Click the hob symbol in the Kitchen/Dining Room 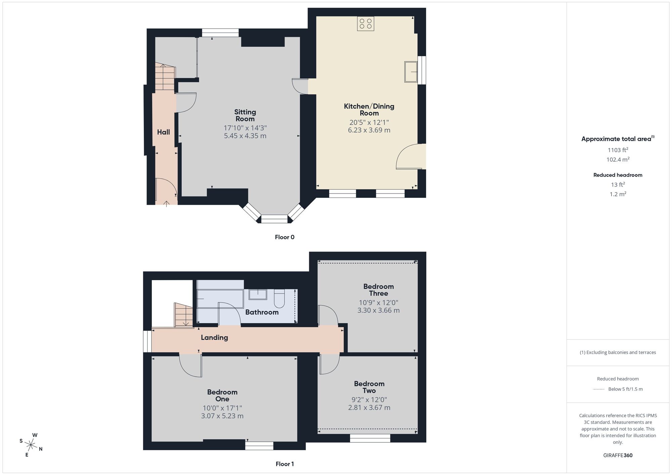click(366, 24)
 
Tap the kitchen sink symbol click(411, 72)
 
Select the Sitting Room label click(245, 115)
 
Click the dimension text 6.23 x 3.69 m click(369, 130)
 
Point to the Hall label click(163, 132)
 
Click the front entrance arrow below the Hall click(166, 203)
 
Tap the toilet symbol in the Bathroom click(279, 299)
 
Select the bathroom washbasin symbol click(258, 295)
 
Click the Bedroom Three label click(378, 290)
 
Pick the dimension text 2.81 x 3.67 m click(369, 407)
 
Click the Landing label click(214, 338)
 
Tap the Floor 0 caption click(285, 237)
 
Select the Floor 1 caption click(285, 464)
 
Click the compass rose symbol click(31, 445)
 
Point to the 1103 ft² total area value click(618, 150)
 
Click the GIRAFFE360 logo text click(618, 456)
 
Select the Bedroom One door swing click(190, 366)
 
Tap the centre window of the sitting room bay click(274, 219)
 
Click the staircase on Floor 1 click(183, 315)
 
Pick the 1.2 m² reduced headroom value click(618, 194)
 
